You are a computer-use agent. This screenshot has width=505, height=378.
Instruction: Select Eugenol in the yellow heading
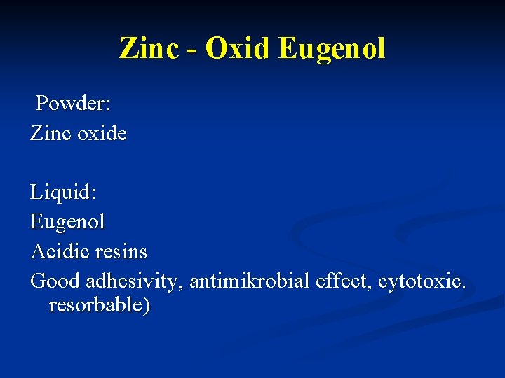tap(332, 49)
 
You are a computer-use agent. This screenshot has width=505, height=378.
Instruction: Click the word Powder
tap(70, 104)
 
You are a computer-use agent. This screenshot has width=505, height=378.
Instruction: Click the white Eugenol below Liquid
tap(67, 222)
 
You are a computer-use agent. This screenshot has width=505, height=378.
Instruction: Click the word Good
tap(55, 281)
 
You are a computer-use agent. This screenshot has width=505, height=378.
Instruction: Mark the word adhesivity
tap(133, 281)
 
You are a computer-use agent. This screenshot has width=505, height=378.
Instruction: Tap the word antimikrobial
tap(249, 281)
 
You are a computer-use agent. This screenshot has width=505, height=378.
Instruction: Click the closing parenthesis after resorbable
tap(146, 307)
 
